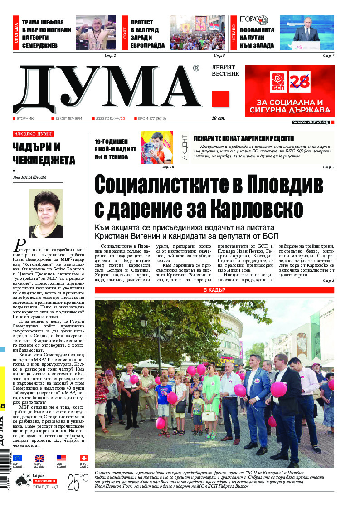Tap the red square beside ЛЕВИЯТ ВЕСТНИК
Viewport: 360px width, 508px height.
[x=220, y=99]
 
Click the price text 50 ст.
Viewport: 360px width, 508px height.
[x=219, y=118]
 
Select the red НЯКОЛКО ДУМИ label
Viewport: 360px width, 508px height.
[x=33, y=134]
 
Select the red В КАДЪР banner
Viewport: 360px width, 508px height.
[x=214, y=290]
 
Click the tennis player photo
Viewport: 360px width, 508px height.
[x=157, y=147]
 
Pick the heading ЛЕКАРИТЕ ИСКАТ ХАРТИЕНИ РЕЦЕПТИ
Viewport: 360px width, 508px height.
[x=243, y=138]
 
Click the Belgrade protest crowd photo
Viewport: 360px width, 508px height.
[x=197, y=34]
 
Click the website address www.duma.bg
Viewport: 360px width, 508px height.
[x=311, y=122]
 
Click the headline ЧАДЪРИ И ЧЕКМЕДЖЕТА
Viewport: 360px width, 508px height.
[x=38, y=153]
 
